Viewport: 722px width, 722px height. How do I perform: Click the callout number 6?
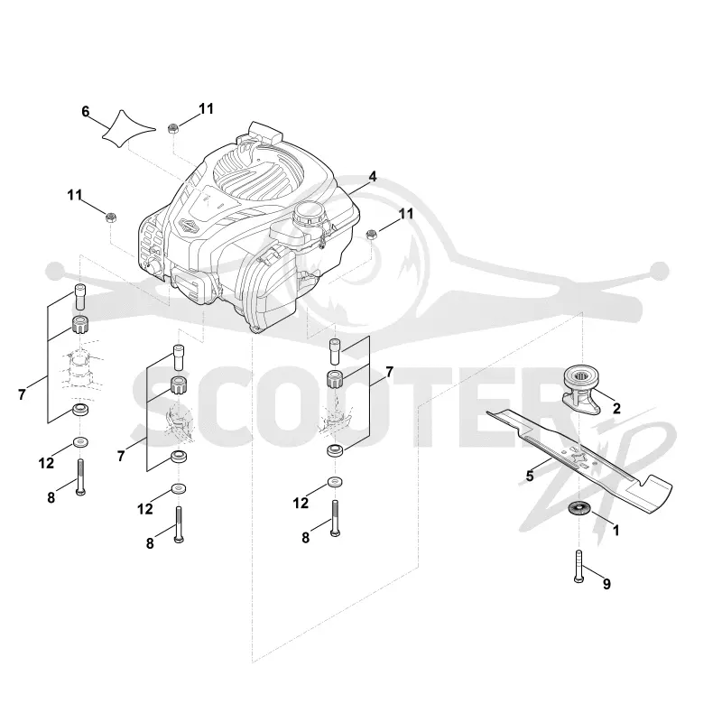pos(85,111)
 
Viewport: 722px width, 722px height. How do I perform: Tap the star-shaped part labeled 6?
pos(127,129)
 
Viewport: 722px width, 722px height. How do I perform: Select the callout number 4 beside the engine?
pos(373,177)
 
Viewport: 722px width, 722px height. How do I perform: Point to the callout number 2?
pos(616,408)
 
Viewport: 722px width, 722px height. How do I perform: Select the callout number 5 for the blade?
pos(530,477)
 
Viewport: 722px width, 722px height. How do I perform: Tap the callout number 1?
pos(616,531)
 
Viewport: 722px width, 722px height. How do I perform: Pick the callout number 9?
pos(606,584)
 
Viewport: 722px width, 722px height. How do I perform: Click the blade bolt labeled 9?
pos(579,567)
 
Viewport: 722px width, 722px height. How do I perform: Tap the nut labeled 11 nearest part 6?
pos(173,128)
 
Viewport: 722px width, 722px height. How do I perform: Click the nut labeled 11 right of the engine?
pos(371,235)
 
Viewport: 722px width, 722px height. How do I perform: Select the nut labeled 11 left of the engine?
pos(110,218)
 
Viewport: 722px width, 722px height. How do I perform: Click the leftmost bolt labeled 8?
pos(80,477)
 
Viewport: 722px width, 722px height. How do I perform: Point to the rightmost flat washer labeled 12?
pos(335,483)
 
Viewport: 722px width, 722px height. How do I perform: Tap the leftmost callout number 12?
pos(46,463)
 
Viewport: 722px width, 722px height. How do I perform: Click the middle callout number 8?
pos(150,543)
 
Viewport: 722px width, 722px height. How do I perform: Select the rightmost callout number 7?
pos(390,372)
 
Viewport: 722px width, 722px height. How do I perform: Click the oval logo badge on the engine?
pos(189,226)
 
